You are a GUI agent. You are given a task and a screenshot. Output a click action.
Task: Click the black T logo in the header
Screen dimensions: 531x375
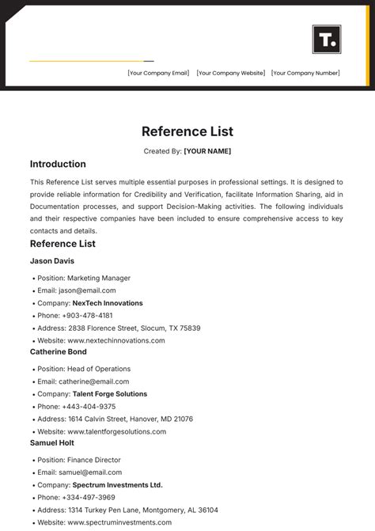[x=327, y=39]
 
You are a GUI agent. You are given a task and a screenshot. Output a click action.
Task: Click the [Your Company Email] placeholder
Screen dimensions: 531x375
[x=158, y=74]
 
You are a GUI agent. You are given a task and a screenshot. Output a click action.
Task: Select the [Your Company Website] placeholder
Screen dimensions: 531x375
[x=230, y=74]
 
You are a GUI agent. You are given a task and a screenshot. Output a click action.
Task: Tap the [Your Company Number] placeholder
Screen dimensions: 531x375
[x=305, y=74]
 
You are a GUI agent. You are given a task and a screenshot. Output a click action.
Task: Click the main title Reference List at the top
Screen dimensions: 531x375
[x=187, y=131]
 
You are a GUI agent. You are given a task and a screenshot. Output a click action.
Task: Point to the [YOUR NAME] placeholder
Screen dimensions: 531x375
[x=207, y=151]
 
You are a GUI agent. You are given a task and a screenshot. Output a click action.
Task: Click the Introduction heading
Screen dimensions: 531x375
[x=58, y=165]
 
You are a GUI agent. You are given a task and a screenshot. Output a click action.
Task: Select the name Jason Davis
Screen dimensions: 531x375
[x=52, y=260]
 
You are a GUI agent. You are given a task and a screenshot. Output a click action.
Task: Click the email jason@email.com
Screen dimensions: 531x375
[x=91, y=291]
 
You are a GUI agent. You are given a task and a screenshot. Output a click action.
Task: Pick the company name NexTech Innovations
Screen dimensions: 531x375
[x=108, y=303]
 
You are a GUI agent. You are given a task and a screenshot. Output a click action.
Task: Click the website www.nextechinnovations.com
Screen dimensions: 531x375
[x=116, y=341]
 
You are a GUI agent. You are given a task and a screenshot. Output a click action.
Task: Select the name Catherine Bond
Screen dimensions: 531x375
[x=59, y=351]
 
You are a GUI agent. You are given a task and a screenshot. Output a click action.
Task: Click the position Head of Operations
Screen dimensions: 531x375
[x=99, y=369]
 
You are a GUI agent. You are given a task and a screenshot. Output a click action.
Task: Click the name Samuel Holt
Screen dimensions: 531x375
[x=52, y=442]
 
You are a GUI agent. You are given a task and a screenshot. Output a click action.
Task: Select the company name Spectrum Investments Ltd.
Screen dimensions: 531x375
[x=117, y=485]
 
